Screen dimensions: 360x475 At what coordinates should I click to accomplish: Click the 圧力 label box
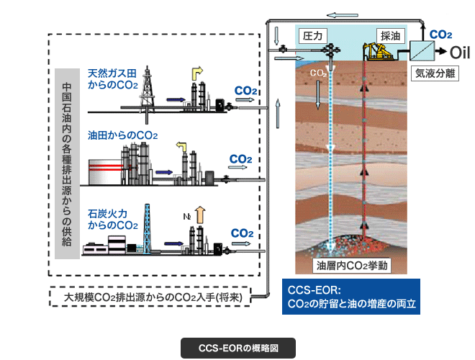click(x=314, y=34)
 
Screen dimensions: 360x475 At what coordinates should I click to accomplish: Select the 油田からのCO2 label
click(x=122, y=135)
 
